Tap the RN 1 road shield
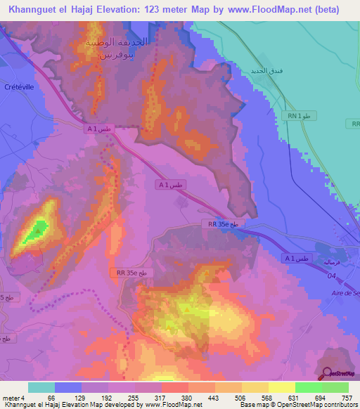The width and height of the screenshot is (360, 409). pos(298,115)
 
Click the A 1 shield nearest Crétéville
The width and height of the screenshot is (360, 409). pos(99,129)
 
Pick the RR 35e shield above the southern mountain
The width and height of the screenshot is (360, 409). pos(129,271)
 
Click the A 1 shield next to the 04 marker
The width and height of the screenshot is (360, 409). pos(296,259)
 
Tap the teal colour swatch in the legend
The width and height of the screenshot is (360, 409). pos(41,387)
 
